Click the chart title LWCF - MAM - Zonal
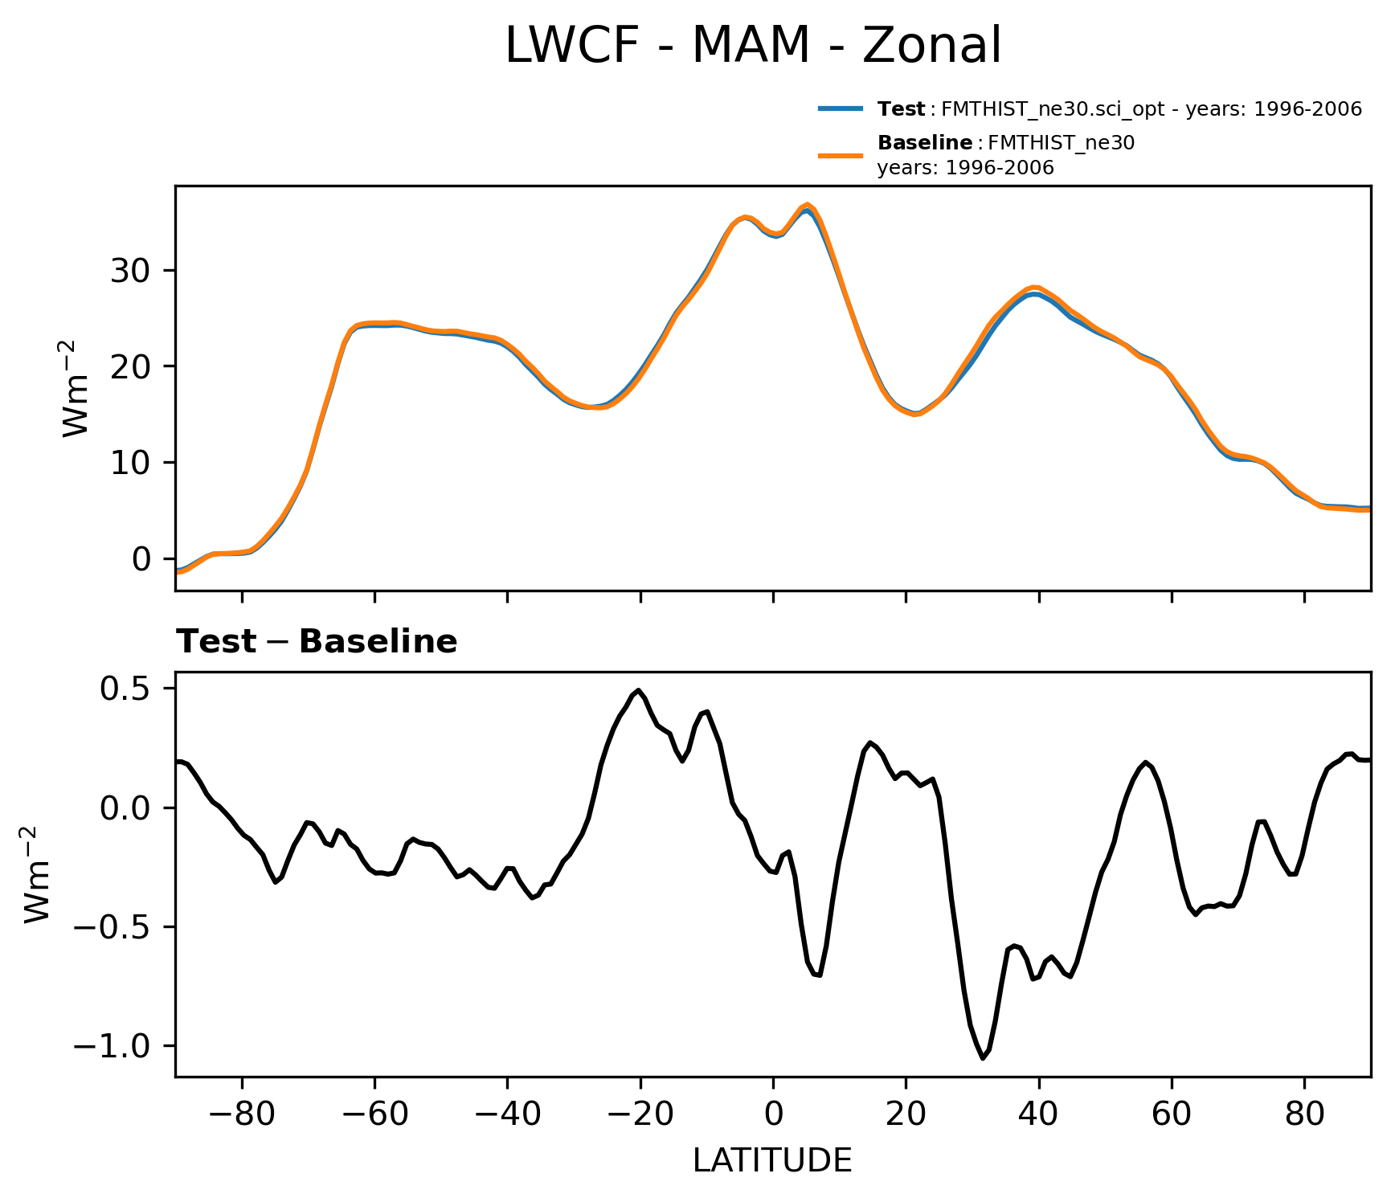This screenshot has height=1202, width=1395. tap(753, 46)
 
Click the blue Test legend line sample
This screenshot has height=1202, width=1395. tap(841, 108)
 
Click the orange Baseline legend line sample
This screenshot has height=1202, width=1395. tap(841, 155)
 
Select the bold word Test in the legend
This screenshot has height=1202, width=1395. tap(901, 109)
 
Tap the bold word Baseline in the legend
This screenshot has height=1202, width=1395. tap(925, 143)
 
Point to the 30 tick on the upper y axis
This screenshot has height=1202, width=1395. tap(131, 271)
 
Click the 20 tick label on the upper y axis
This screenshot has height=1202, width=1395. tap(131, 366)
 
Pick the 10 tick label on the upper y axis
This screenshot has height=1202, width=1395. tap(131, 463)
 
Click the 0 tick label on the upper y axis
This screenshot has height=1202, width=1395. tap(141, 559)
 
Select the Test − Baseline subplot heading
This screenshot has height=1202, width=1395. tap(317, 642)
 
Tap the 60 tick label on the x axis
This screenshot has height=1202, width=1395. tap(1172, 1116)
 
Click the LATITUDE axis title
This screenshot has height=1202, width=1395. tap(772, 1160)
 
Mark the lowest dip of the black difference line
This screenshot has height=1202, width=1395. tap(983, 1058)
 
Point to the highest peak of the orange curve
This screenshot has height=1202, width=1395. tap(808, 205)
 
